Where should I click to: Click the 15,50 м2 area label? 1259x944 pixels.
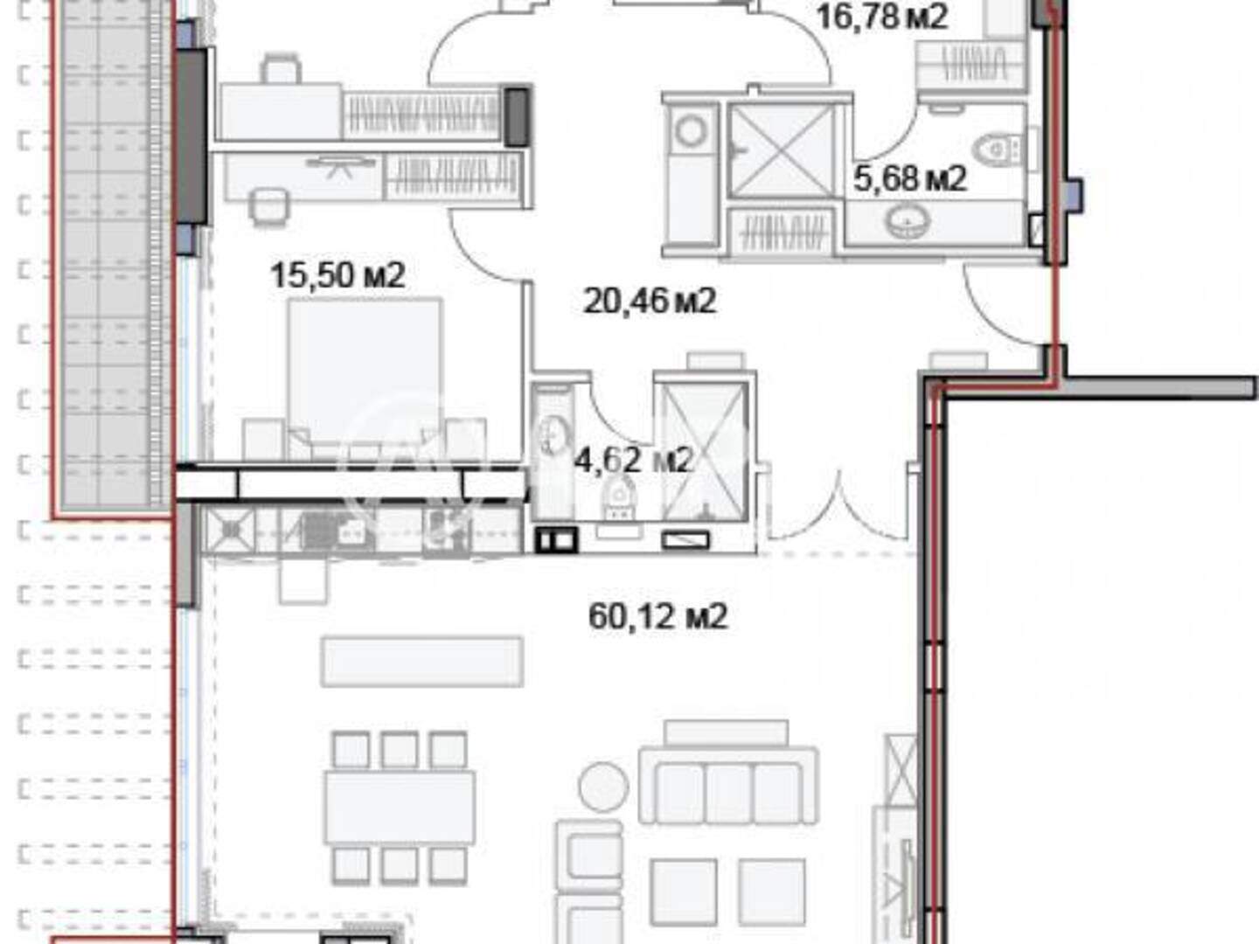[337, 275]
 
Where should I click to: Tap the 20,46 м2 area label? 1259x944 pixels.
[650, 301]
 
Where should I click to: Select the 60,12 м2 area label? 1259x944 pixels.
[657, 617]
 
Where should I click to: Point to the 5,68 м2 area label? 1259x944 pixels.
[910, 178]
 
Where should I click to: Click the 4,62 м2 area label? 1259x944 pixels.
[634, 460]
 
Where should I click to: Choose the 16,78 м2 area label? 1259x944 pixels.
[881, 17]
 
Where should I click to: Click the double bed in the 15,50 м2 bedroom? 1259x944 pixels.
[365, 378]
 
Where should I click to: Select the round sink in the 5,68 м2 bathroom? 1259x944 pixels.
[908, 221]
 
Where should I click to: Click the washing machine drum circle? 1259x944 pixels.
[691, 131]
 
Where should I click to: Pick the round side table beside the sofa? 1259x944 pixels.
[603, 787]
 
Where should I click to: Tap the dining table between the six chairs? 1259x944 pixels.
[400, 808]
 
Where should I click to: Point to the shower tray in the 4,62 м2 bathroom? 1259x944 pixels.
[705, 453]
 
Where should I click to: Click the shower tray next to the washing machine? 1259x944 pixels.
[782, 151]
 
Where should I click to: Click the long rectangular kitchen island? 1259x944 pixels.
[422, 662]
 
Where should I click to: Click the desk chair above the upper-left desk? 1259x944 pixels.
[281, 69]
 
